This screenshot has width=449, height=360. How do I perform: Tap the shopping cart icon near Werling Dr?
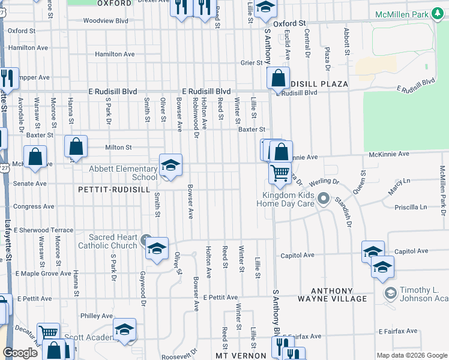tap(280, 173)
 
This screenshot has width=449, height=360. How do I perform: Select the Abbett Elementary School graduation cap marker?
tap(170, 166)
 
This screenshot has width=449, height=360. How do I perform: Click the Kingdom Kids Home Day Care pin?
tap(324, 198)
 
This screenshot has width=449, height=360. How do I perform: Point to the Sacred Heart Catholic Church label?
tap(107, 241)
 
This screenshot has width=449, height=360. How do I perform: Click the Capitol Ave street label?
tap(298, 255)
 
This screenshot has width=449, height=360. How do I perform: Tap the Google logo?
tap(20, 353)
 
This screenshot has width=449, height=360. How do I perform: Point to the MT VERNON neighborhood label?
tap(241, 356)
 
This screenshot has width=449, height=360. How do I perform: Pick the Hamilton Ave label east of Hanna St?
tap(114, 54)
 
